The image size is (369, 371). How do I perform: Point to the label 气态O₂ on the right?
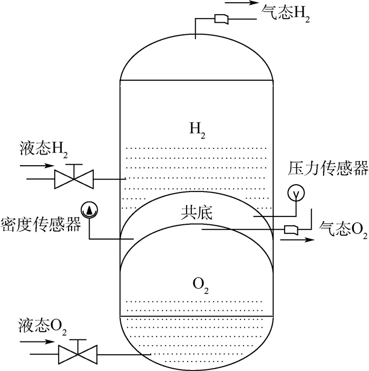[x=344, y=229]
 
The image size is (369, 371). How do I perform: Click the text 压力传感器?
[x=327, y=168]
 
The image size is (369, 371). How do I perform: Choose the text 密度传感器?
[x=41, y=226]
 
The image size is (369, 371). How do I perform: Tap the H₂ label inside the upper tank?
[x=196, y=128]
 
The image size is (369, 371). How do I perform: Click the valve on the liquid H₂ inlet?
[x=74, y=179]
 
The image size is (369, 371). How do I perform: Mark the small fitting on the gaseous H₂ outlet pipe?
[x=221, y=20]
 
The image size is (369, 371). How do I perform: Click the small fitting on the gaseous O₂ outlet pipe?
[x=292, y=230]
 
